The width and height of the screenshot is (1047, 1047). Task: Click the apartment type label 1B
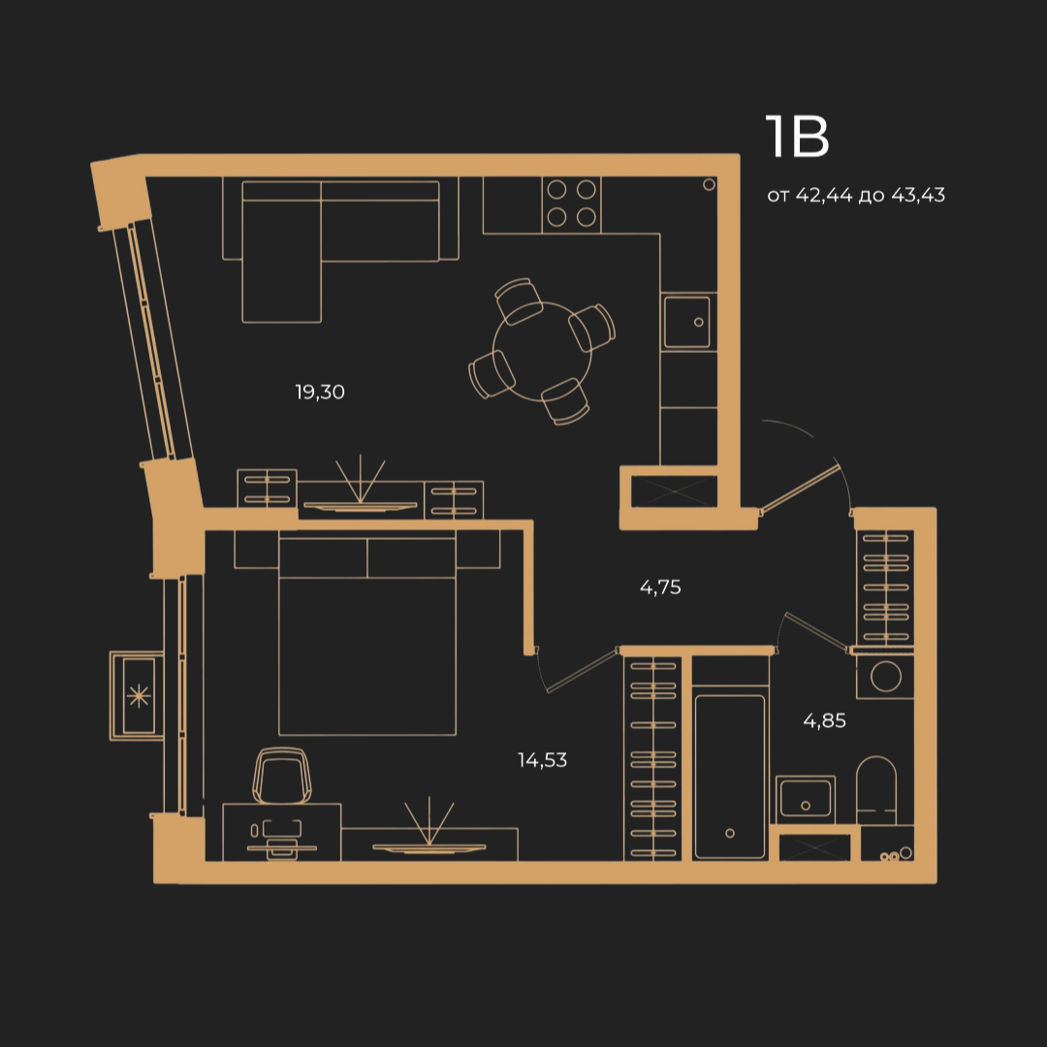797,137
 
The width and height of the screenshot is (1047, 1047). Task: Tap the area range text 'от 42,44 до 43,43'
856,195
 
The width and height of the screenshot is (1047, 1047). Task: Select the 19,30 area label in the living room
320,392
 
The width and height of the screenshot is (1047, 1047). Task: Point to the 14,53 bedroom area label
542,760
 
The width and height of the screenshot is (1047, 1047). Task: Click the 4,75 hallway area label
660,587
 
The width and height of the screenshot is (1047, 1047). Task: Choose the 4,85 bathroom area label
825,720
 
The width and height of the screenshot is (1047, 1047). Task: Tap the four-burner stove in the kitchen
572,205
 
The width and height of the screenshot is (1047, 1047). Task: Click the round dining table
542,352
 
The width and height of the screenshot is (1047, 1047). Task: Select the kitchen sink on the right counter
687,322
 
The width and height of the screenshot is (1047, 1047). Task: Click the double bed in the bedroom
367,633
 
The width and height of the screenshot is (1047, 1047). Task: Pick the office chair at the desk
282,776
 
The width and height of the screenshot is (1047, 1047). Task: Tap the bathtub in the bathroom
730,777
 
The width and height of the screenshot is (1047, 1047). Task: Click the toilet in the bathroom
876,790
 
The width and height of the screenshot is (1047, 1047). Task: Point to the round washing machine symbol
885,676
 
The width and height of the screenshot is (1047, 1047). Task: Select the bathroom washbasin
806,799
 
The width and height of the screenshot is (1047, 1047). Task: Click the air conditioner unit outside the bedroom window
138,696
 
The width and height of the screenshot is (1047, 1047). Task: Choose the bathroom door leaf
816,631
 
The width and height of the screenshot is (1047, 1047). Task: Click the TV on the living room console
361,506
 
